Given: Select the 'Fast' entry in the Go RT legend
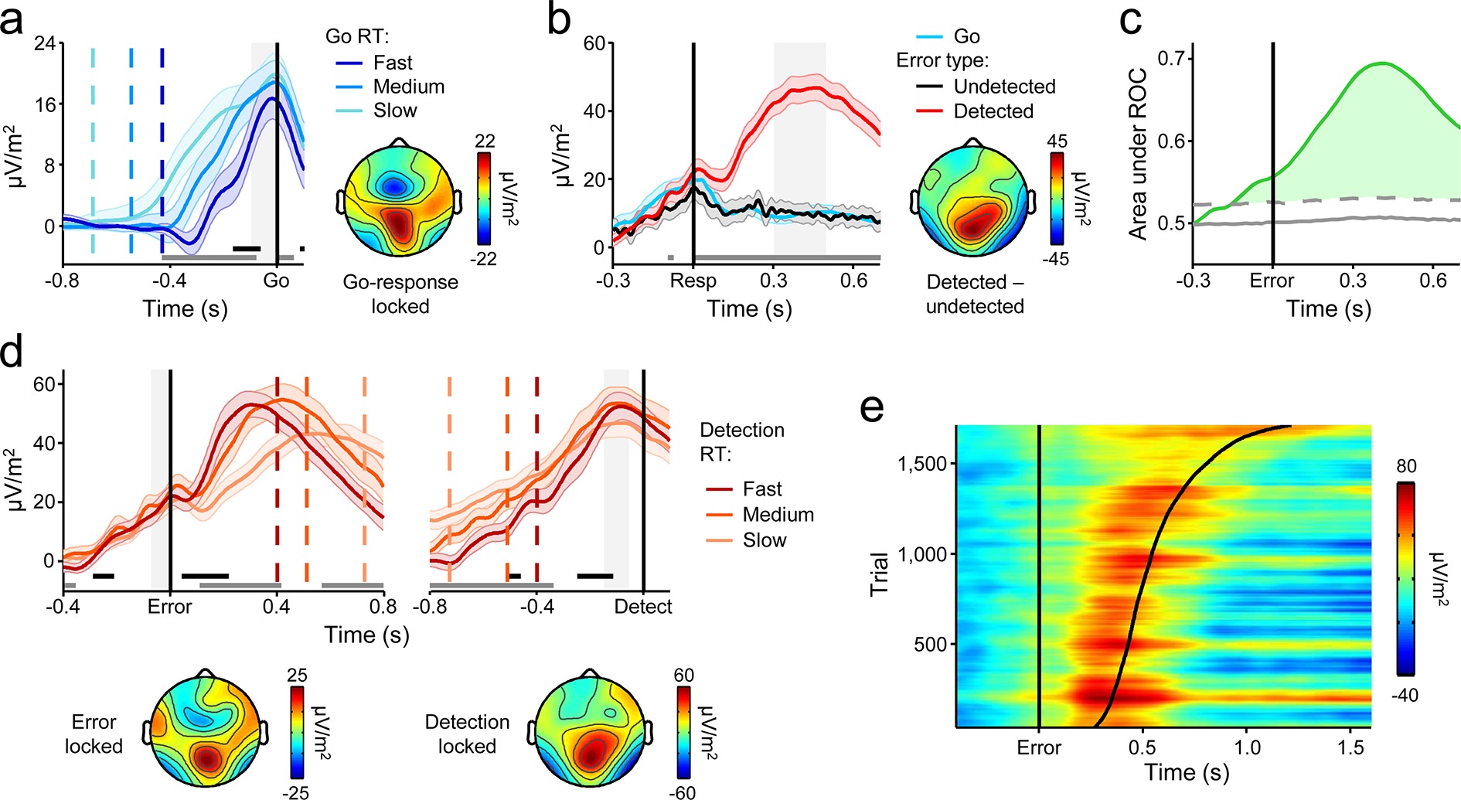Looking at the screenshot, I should tap(392, 63).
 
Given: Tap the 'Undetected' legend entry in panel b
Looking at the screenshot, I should tap(1004, 87).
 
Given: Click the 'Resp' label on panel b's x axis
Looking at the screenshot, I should tap(693, 281).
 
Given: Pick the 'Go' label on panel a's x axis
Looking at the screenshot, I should tap(276, 281).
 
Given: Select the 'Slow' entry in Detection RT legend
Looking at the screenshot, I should tap(764, 540).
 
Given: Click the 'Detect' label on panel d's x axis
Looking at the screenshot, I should tap(643, 607).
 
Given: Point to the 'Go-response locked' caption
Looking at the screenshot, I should tap(400, 294).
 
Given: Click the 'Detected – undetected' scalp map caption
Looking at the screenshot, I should tap(975, 294).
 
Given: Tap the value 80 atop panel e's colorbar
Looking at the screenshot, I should tap(1406, 466).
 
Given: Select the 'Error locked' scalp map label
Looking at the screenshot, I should tap(94, 734).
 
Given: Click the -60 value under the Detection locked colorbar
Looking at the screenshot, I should tap(683, 792).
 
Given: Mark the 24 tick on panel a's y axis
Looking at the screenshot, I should tap(46, 43).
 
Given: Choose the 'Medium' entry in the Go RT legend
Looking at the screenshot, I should tap(408, 87).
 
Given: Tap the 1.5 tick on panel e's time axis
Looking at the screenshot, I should tap(1350, 747).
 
